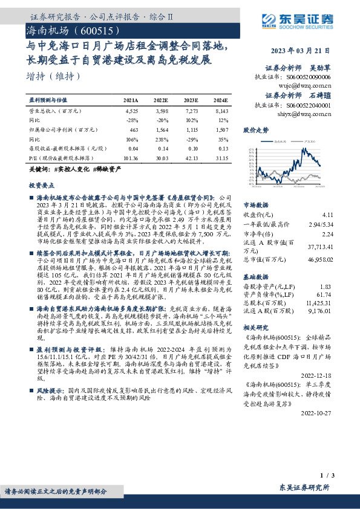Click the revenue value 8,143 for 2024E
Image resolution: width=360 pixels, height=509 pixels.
click(x=221, y=111)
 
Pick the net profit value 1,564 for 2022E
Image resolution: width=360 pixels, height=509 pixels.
click(x=161, y=130)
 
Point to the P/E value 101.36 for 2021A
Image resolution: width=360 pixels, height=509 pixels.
click(x=130, y=158)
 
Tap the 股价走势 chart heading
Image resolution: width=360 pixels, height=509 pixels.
click(x=256, y=130)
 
